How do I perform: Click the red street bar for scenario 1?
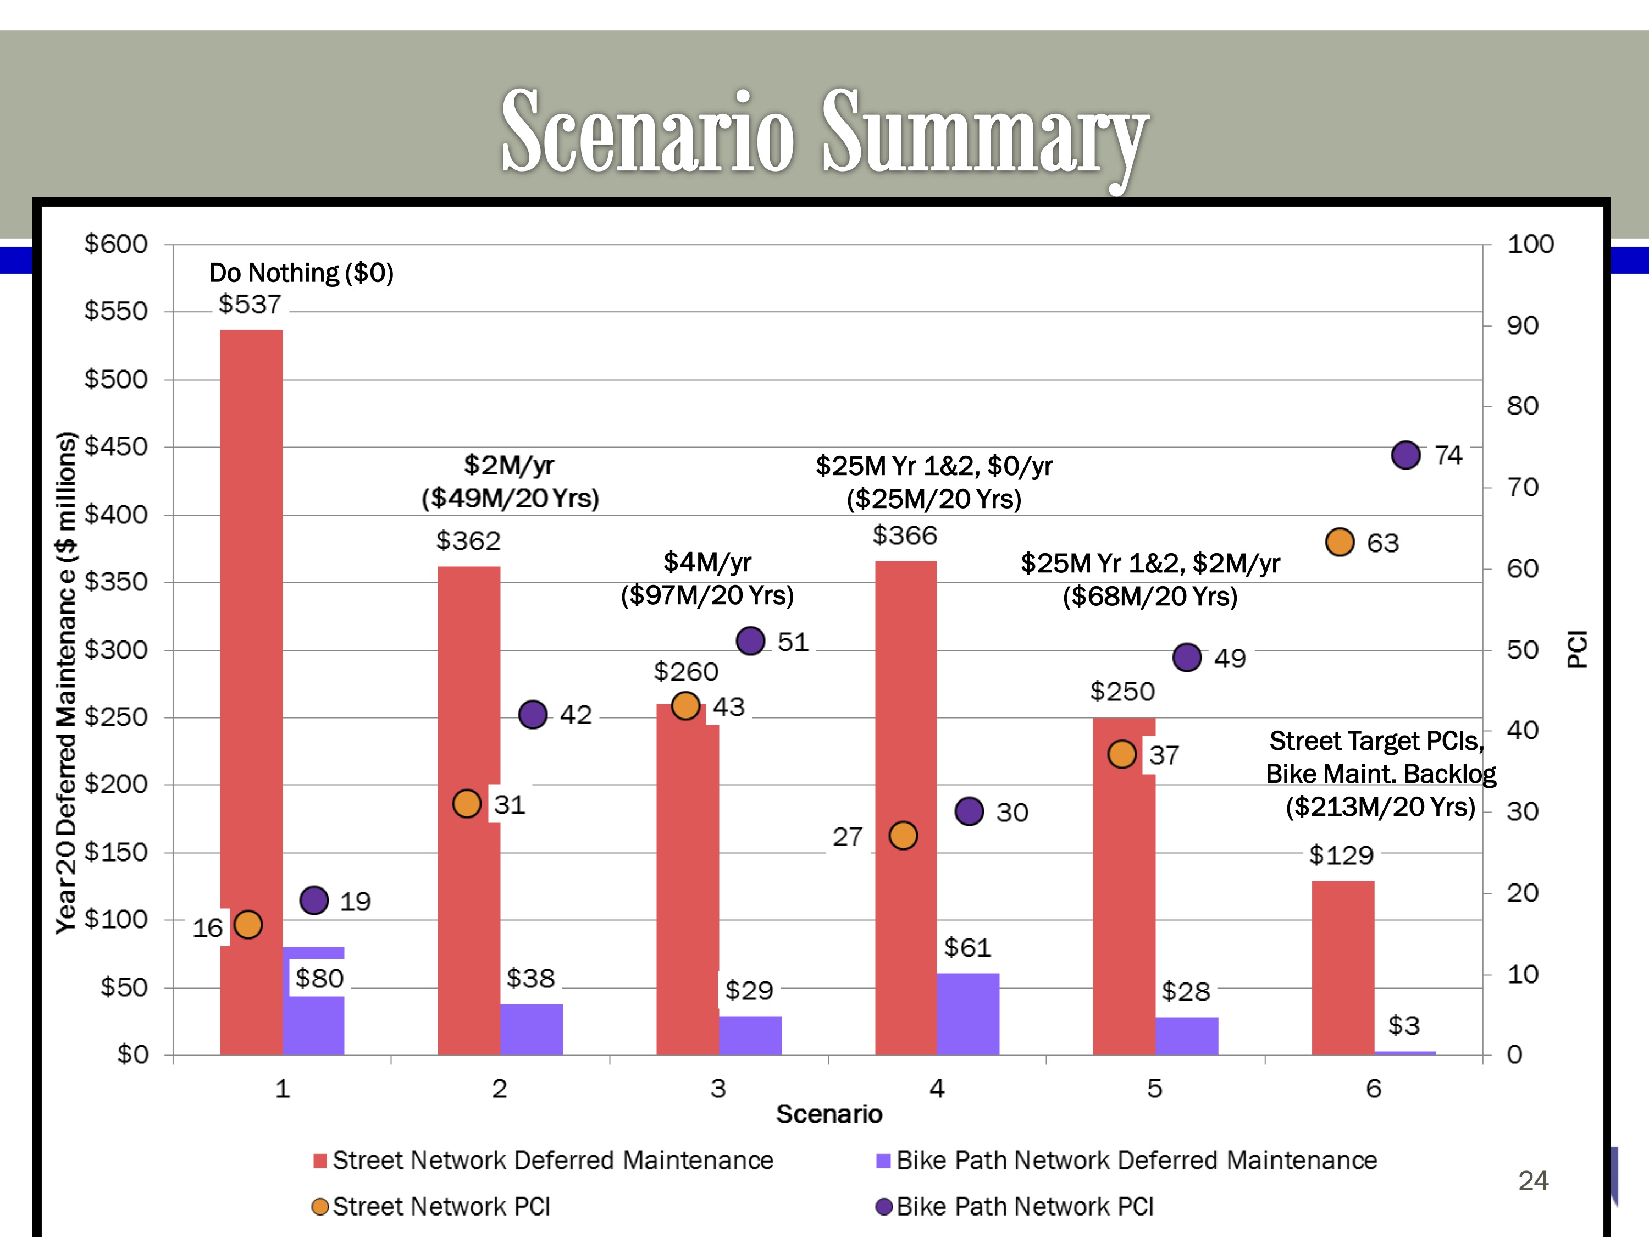tap(251, 634)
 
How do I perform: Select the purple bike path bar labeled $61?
tap(967, 1014)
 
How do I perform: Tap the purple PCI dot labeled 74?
tap(1405, 455)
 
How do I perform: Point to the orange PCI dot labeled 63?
tap(1340, 542)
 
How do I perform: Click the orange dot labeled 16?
tap(248, 925)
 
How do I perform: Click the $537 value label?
tap(250, 304)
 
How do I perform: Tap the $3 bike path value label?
tap(1404, 1026)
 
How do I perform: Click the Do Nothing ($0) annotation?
tap(301, 273)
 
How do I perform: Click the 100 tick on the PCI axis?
tap(1530, 244)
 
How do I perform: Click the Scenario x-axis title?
tap(829, 1114)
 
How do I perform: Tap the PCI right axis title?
tap(1578, 649)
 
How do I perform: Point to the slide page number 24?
tap(1534, 1180)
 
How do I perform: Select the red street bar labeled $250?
tap(1124, 887)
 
